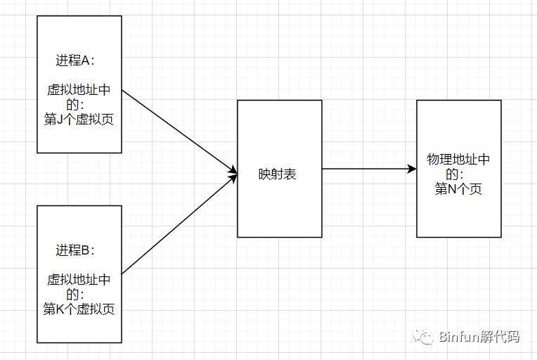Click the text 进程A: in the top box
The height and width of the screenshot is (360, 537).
coord(75,60)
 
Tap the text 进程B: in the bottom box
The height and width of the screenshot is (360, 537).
coord(75,250)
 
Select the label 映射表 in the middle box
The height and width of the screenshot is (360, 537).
coord(277,174)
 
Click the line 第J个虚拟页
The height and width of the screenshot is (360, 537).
coord(79,120)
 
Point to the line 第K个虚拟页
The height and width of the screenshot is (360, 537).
coord(79,309)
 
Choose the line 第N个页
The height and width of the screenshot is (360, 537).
coord(458,188)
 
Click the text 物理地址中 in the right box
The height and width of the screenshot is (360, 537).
coord(458,160)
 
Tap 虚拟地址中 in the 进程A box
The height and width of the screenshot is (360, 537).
coord(79,90)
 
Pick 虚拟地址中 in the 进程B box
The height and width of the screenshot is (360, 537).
coord(79,280)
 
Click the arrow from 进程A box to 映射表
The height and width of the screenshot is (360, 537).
coord(180,131)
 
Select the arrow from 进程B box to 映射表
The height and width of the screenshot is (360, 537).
coord(180,224)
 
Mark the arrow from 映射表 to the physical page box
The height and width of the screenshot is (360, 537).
coord(369,169)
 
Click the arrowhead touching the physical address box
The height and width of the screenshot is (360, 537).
coord(412,169)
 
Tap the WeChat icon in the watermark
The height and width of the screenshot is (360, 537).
coord(423,337)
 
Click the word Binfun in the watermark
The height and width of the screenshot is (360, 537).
coord(458,337)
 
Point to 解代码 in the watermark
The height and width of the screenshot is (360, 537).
coord(499,337)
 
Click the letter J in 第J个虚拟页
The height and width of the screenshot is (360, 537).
coord(59,120)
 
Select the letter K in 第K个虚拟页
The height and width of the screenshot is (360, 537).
coord(60,309)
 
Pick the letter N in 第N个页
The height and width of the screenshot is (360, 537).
coord(452,189)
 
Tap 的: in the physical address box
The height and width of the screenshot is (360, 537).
coord(455,174)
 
